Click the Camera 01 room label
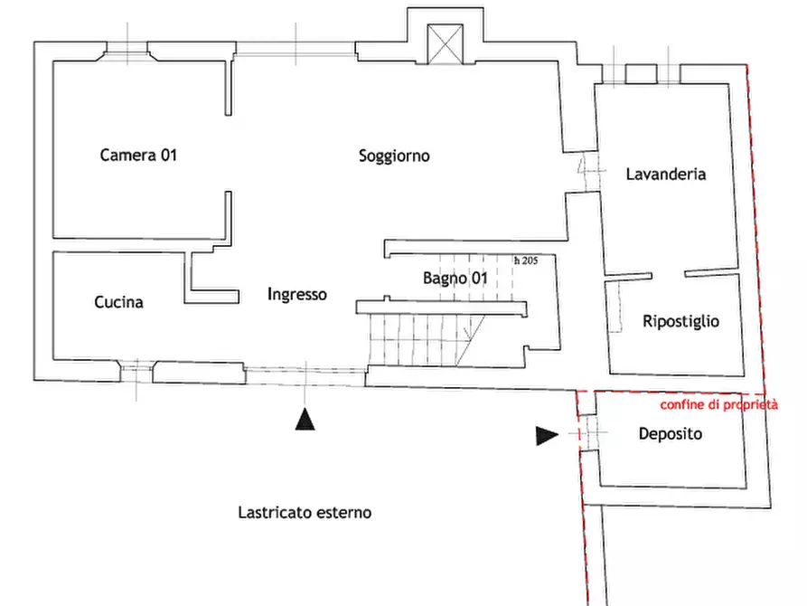[x=138, y=155]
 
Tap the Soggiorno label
[x=394, y=156]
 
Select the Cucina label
[x=118, y=302]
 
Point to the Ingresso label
[x=297, y=294]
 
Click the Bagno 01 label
[x=455, y=279]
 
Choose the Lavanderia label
[x=665, y=175]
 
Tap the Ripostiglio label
[x=680, y=322]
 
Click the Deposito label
[x=671, y=434]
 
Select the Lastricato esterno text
[x=305, y=513]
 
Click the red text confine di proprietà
[x=719, y=405]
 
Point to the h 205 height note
[x=526, y=260]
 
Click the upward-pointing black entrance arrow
[x=305, y=419]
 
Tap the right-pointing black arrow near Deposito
[x=547, y=435]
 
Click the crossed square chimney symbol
[x=446, y=44]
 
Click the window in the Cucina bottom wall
[x=136, y=372]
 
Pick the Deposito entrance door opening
[x=587, y=433]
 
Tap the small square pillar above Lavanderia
[x=642, y=74]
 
